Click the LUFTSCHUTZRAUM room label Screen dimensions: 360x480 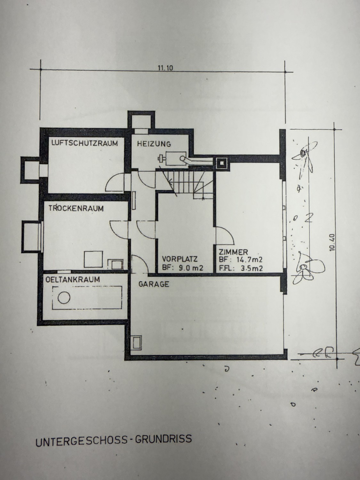[x=84, y=143]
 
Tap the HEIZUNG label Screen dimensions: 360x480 [x=154, y=144]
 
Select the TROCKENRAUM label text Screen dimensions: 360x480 [x=76, y=208]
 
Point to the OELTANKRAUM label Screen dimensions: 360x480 [x=73, y=279]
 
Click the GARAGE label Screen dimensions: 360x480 [x=154, y=284]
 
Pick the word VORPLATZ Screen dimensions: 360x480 [x=180, y=259]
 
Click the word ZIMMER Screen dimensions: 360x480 [x=233, y=252]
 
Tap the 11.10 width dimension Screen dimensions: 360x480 [x=165, y=68]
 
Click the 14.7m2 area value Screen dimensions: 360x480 [x=249, y=260]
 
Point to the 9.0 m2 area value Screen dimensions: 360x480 [x=191, y=268]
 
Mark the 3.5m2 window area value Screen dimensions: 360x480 [x=252, y=268]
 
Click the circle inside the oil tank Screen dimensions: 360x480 [x=64, y=298]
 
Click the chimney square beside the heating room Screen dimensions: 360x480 [x=222, y=163]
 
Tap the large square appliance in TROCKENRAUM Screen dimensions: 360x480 [x=93, y=259]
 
